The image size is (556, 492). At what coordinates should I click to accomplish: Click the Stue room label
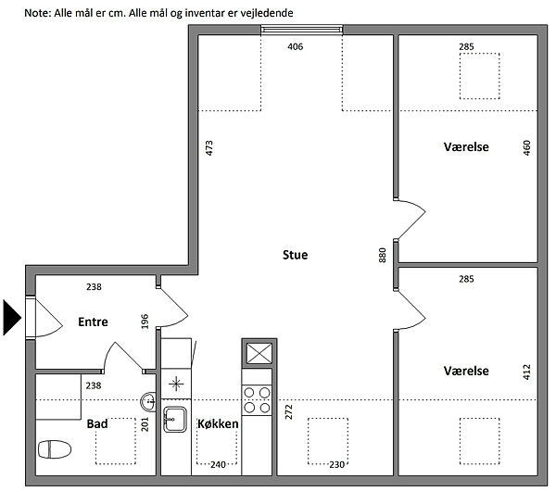(295, 255)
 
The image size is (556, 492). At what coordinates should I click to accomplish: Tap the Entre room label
(93, 322)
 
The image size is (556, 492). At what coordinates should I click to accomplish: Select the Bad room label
(97, 423)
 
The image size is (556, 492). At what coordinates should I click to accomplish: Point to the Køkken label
(218, 423)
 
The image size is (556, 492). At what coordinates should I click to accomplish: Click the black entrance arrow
(12, 318)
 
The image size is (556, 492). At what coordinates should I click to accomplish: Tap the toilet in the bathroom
(55, 449)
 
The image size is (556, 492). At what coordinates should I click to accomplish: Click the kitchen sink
(175, 420)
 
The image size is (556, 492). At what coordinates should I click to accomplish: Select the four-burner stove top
(257, 400)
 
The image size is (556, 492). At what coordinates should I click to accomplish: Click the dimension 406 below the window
(296, 46)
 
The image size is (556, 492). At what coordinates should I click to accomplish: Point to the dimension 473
(209, 148)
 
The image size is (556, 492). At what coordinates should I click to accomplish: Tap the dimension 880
(382, 255)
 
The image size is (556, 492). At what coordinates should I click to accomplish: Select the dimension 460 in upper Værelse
(527, 148)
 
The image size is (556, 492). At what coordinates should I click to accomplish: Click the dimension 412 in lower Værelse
(527, 372)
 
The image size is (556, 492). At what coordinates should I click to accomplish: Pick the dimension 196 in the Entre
(145, 322)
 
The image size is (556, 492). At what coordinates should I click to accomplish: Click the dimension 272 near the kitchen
(288, 412)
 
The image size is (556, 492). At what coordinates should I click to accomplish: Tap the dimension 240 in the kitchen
(218, 465)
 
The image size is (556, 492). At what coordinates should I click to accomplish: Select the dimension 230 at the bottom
(337, 465)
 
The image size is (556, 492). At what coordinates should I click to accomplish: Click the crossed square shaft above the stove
(259, 353)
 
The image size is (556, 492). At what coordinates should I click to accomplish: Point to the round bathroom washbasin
(148, 402)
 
